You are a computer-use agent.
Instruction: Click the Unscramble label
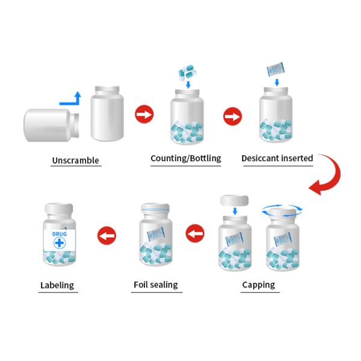point(75,161)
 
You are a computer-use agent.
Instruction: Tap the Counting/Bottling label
point(185,159)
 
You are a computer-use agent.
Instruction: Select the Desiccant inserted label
point(277,159)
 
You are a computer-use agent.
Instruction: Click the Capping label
point(258,285)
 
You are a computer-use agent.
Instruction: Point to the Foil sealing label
point(155,285)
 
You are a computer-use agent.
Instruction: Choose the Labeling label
point(57,285)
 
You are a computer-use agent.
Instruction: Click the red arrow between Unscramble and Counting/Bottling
point(144,114)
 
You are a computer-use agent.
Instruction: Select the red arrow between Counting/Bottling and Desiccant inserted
point(232,116)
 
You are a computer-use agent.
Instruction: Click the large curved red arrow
point(328,174)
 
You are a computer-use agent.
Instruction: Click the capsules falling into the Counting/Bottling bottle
point(187,74)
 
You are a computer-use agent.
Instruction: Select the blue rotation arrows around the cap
point(282,211)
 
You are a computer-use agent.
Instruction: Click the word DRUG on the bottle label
point(60,234)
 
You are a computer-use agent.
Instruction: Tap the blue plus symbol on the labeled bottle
point(60,244)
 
